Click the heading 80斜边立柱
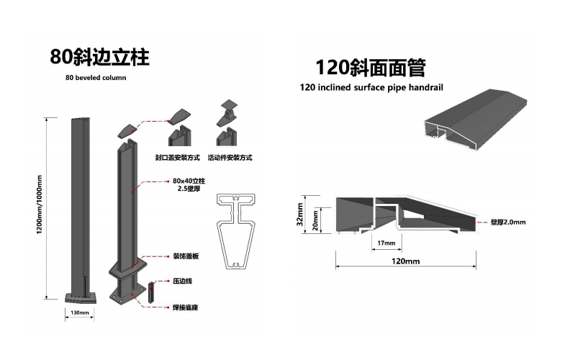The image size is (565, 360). (x=99, y=57)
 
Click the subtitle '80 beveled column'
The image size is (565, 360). (x=96, y=78)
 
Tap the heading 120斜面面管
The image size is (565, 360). (x=371, y=68)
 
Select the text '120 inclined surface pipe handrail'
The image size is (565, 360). (x=371, y=88)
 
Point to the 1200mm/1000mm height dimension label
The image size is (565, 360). (x=40, y=204)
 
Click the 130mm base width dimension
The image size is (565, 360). (x=80, y=312)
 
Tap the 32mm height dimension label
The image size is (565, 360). (x=300, y=215)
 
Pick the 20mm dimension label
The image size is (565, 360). (x=315, y=220)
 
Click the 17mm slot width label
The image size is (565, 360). (x=387, y=243)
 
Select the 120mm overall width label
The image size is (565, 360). (x=406, y=261)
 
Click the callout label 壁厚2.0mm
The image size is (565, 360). (x=508, y=222)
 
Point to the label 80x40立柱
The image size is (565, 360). (x=189, y=181)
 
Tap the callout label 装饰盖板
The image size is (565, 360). (x=186, y=256)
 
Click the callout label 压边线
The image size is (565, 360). (x=183, y=281)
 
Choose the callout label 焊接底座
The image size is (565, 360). (x=186, y=307)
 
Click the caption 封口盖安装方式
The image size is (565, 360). (x=178, y=158)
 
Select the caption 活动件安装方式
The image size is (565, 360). (x=230, y=158)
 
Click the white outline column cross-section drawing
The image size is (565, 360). (x=236, y=231)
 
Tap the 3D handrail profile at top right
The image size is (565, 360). (x=476, y=119)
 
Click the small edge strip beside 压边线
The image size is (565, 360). (x=151, y=292)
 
